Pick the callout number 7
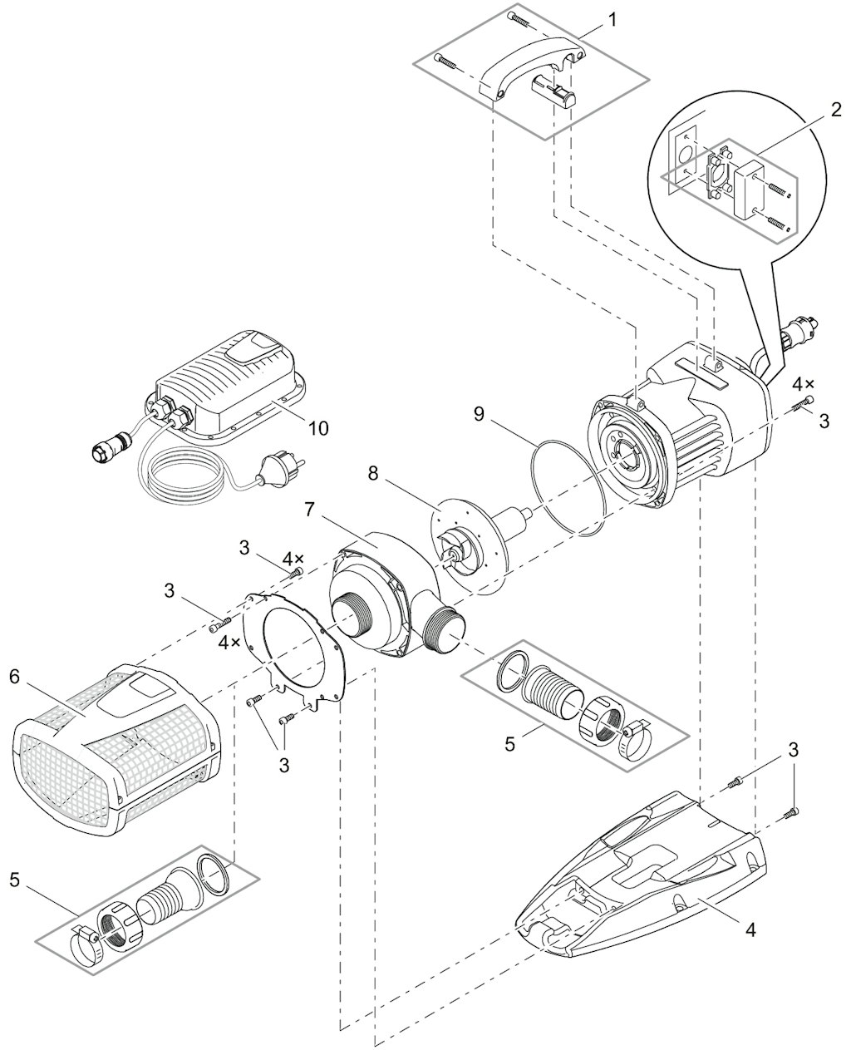pyautogui.click(x=308, y=510)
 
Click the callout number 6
pyautogui.click(x=14, y=677)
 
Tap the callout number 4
pyautogui.click(x=750, y=929)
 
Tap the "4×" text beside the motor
pyautogui.click(x=804, y=385)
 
